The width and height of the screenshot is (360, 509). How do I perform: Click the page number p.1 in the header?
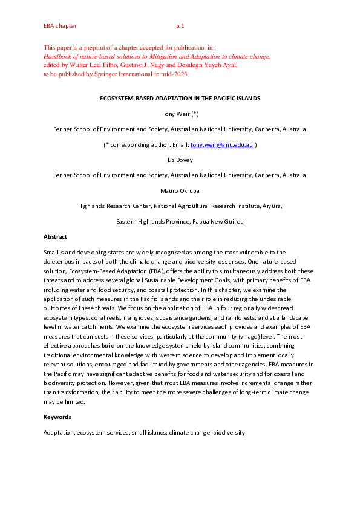[x=180, y=26]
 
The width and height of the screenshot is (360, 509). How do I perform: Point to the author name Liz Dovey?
[x=180, y=160]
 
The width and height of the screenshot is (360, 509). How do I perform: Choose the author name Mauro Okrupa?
[x=180, y=190]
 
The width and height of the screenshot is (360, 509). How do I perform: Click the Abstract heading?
[x=55, y=237]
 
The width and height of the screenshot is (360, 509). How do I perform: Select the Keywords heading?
[x=57, y=417]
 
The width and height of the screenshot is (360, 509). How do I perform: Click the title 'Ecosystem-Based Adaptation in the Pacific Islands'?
[x=180, y=98]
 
